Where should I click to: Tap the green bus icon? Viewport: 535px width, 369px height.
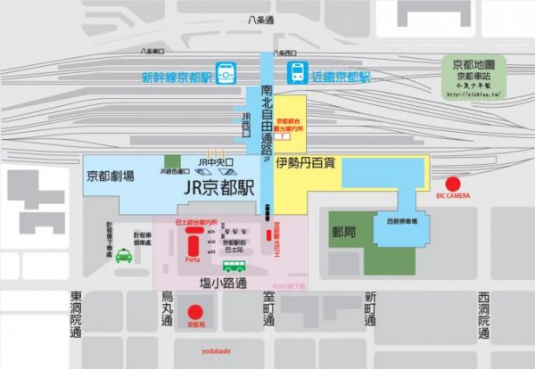click(x=234, y=266)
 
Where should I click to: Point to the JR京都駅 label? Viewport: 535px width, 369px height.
click(x=218, y=188)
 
